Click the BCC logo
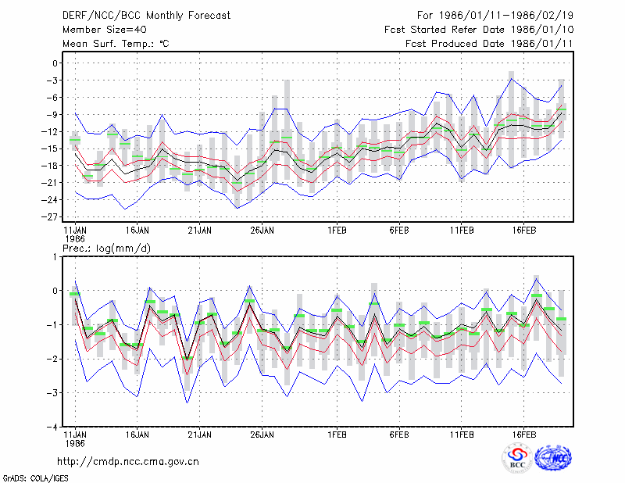point(517,458)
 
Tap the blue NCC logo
point(553,458)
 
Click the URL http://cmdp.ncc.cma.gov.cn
point(128,462)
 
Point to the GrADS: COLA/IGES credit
point(35,478)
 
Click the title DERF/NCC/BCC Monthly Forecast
point(146,16)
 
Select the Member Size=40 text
point(105,30)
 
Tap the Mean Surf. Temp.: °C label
point(116,44)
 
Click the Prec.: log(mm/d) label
point(106,249)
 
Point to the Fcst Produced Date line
point(489,44)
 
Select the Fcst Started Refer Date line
point(479,30)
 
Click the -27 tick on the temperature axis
point(50,217)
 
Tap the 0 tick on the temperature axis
point(55,63)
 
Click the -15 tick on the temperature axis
point(50,148)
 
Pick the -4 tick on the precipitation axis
point(52,428)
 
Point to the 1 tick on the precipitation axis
point(55,257)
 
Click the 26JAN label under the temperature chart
point(262,231)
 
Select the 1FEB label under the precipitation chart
point(337,435)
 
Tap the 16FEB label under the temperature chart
point(523,231)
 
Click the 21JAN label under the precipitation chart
point(200,435)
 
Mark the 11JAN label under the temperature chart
point(75,231)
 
